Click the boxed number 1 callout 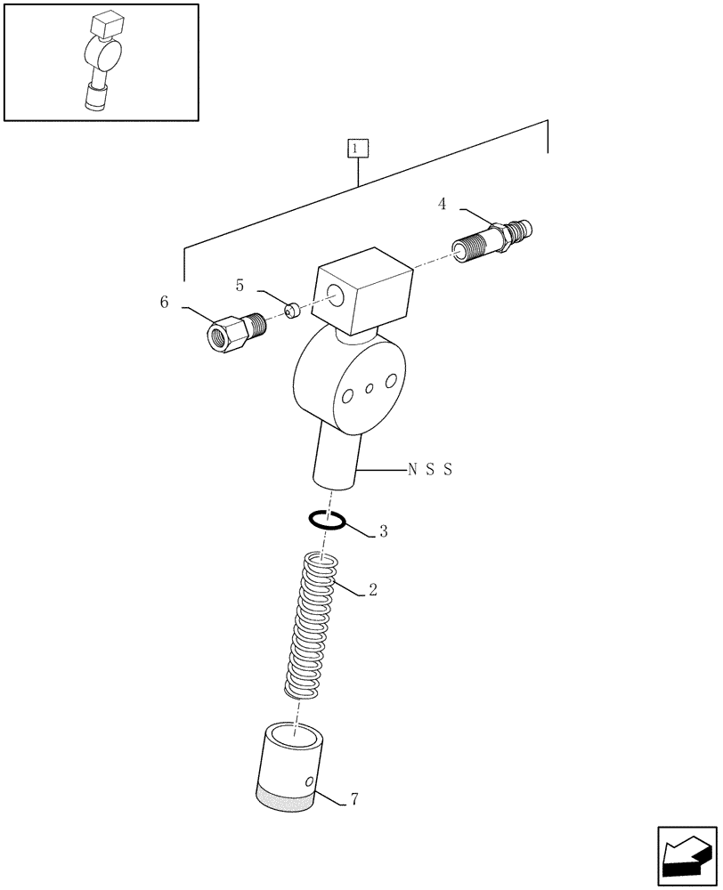[356, 149]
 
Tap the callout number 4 [442, 205]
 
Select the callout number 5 [240, 285]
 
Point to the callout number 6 [164, 303]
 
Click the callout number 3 [383, 532]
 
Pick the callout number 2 [372, 589]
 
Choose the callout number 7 [354, 799]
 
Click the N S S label [429, 470]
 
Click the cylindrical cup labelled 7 [287, 761]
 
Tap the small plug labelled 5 [290, 310]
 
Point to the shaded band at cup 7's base [285, 797]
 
